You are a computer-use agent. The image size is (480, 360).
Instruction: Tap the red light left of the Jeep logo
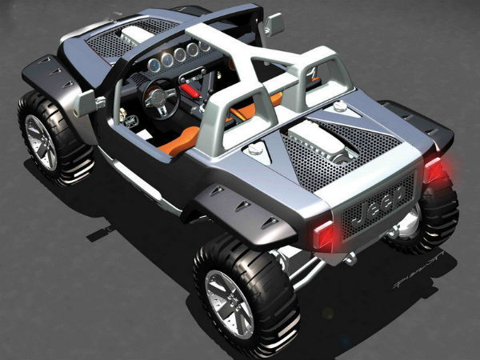pyautogui.click(x=324, y=235)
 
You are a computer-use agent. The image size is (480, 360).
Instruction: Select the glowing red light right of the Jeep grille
pyautogui.click(x=434, y=170)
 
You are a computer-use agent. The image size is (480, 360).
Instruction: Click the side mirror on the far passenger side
pyautogui.click(x=273, y=25)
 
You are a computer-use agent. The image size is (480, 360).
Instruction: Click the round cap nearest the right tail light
pyautogui.click(x=340, y=106)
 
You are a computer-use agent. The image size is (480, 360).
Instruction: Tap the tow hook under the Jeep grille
pyautogui.click(x=350, y=258)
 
